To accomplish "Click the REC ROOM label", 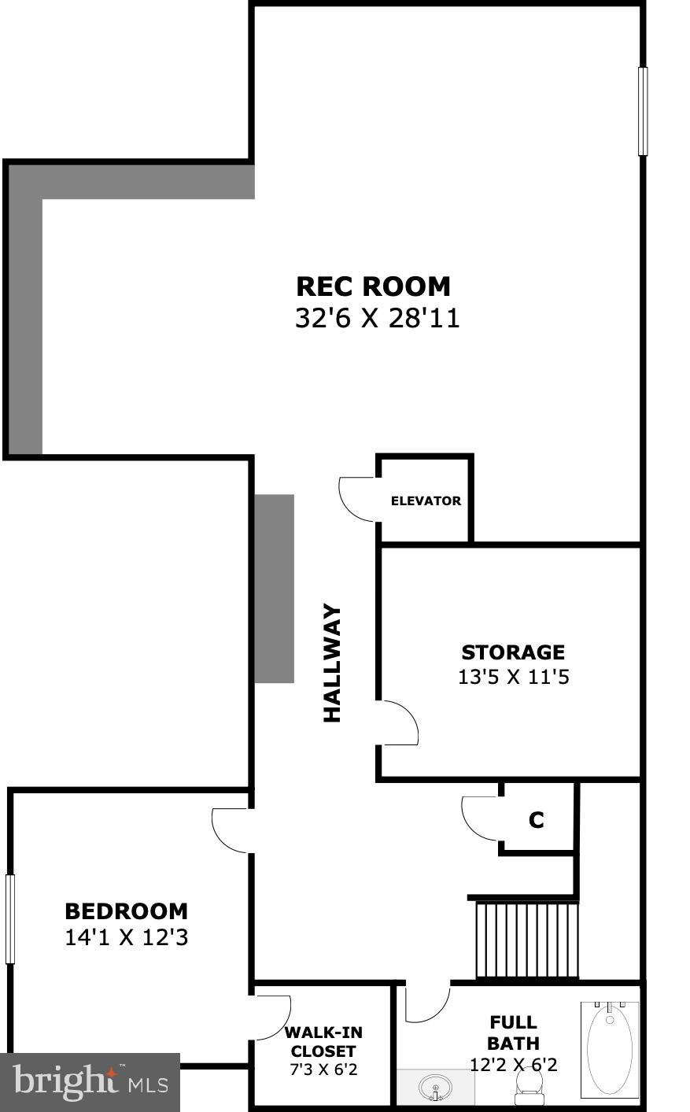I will [373, 286].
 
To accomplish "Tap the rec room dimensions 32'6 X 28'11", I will [377, 318].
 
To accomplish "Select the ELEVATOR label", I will [426, 501].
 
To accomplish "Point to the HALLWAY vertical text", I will [333, 663].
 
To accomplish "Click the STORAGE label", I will [513, 652].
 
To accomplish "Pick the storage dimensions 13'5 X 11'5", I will [513, 677].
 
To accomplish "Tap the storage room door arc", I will [400, 722].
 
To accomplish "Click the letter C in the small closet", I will [537, 820].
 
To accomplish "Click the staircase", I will [526, 940].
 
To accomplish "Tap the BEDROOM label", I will [126, 911].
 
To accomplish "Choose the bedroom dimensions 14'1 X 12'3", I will [126, 937].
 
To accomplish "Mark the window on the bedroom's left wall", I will [10, 919].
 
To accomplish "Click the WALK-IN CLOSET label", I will [323, 1042].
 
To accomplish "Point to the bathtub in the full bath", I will [609, 1050].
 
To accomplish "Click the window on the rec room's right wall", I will [643, 111].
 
